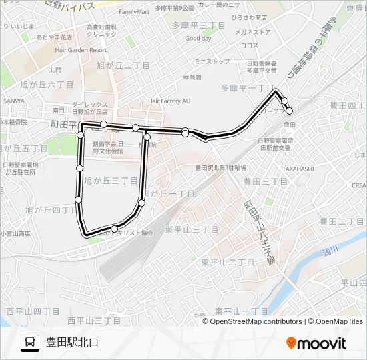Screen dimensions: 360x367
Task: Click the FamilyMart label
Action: click(x=134, y=12)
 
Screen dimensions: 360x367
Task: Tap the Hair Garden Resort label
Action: click(x=81, y=50)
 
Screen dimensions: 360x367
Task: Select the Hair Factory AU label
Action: click(x=169, y=101)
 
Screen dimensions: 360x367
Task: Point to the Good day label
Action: click(x=198, y=39)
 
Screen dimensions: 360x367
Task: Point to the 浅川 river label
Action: click(x=331, y=250)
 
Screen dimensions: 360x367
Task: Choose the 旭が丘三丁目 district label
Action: click(x=111, y=181)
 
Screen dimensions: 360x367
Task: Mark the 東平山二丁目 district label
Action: click(x=228, y=263)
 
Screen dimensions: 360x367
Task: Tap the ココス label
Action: click(x=250, y=45)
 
